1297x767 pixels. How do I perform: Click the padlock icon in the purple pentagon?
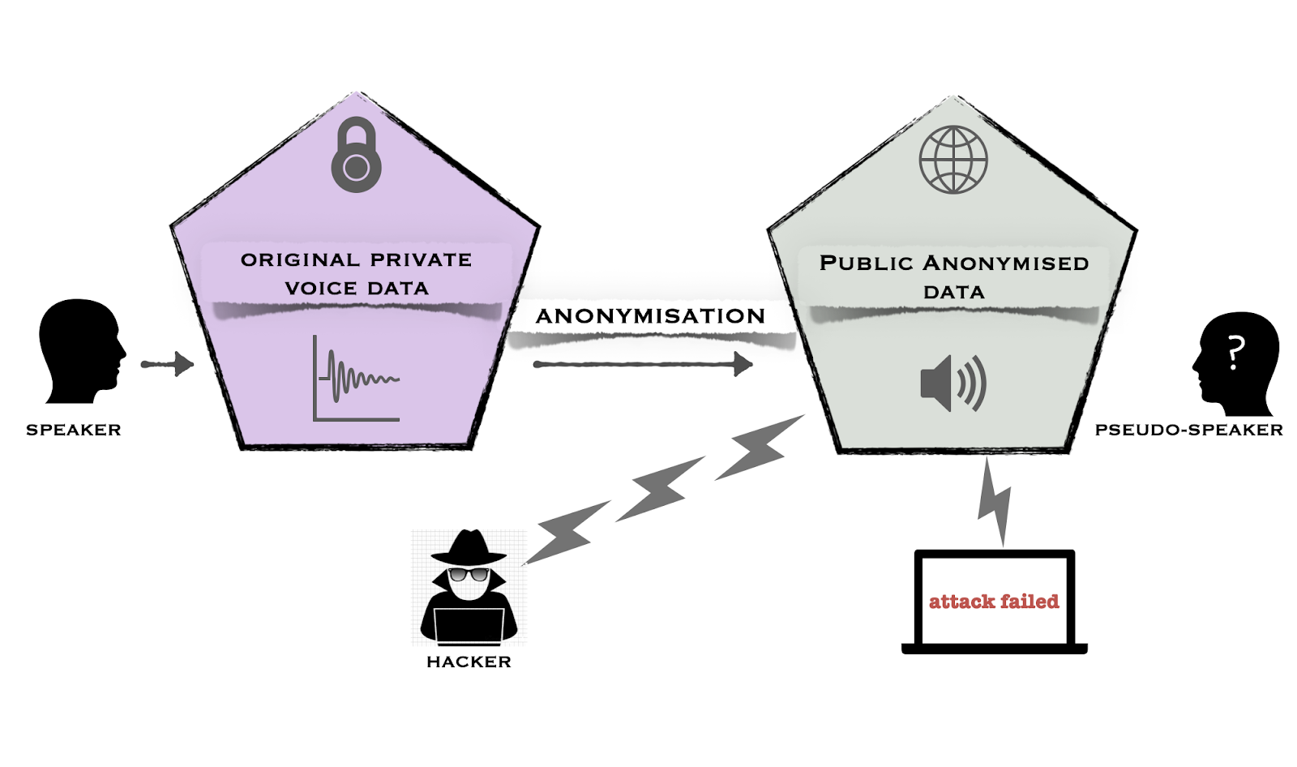(356, 156)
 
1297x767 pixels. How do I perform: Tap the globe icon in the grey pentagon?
(952, 160)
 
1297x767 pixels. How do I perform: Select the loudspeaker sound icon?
(952, 383)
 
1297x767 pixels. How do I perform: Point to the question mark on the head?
(1235, 353)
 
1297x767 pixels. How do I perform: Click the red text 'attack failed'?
(994, 602)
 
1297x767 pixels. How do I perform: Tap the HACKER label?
(469, 662)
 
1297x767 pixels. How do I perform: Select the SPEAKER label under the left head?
(74, 430)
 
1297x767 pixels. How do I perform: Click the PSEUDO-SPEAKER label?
(1188, 430)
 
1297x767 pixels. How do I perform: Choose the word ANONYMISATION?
(650, 316)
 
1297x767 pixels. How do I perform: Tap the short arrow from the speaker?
(168, 364)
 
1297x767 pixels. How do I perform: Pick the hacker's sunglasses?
(469, 575)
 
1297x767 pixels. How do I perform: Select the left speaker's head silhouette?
(81, 349)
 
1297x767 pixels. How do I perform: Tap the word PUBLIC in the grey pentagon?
(866, 264)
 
